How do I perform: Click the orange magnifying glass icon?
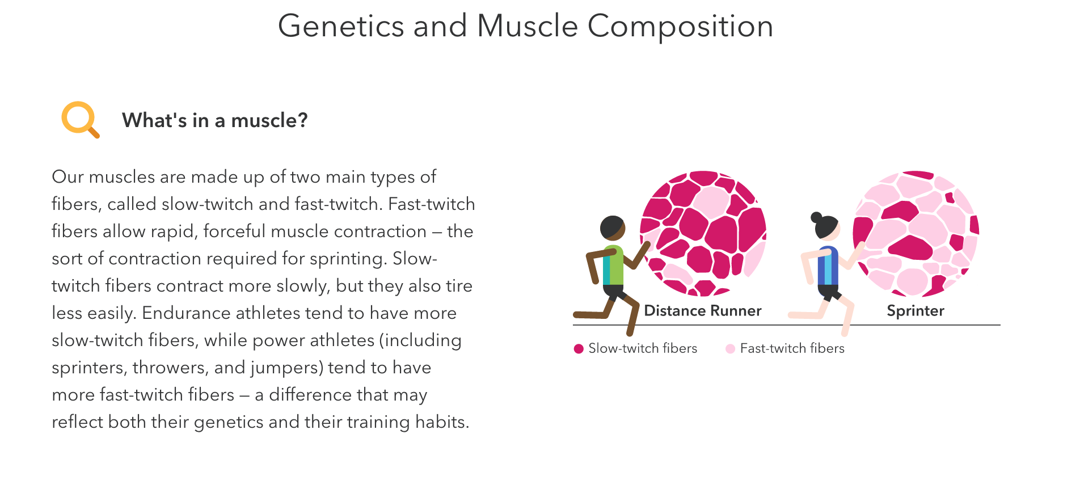click(79, 119)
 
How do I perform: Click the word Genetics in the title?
click(341, 26)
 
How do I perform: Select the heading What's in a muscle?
click(215, 120)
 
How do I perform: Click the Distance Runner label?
click(703, 311)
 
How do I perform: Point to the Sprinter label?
click(916, 311)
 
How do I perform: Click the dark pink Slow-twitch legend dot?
click(579, 348)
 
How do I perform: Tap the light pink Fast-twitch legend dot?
click(730, 348)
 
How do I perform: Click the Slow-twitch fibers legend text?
click(643, 348)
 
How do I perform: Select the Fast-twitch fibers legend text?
click(792, 348)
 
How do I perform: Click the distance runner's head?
click(613, 228)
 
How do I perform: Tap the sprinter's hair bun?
click(816, 217)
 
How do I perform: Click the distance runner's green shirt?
click(613, 265)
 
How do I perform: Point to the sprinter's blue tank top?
click(828, 266)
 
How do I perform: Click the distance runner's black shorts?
click(614, 292)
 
